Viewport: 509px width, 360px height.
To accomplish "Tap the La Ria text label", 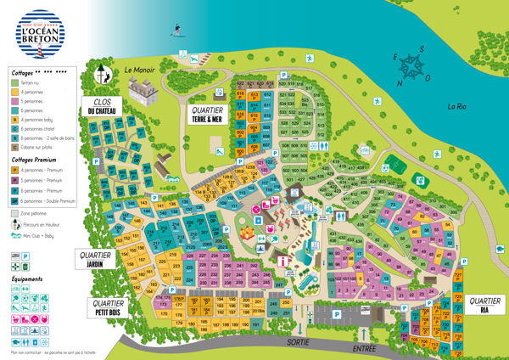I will click(x=458, y=107).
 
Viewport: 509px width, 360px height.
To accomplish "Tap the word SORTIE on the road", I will click(x=296, y=341).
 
